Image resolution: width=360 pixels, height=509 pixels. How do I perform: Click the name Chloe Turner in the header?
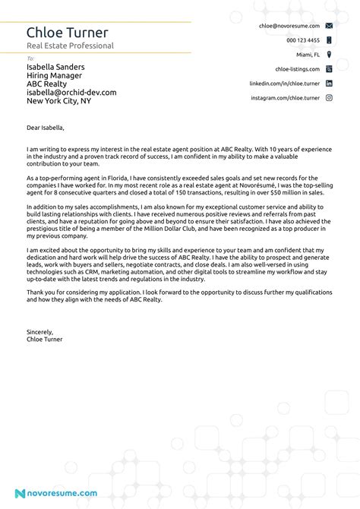(x=68, y=32)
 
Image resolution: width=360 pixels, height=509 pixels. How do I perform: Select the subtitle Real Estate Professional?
(x=70, y=46)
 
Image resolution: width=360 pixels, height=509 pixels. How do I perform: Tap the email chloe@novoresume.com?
(x=289, y=26)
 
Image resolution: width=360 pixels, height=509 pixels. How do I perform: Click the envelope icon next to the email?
(x=329, y=26)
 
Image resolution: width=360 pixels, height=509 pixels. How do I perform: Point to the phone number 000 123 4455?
(x=303, y=40)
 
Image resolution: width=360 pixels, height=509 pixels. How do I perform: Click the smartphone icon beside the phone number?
(x=329, y=40)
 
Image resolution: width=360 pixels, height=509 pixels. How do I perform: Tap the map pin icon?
(x=329, y=55)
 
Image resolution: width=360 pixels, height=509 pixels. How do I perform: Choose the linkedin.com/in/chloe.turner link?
(x=285, y=84)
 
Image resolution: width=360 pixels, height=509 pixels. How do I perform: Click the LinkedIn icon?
(x=329, y=84)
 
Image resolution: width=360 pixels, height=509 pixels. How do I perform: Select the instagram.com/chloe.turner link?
(x=286, y=98)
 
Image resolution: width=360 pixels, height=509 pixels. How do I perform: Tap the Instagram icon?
(x=329, y=98)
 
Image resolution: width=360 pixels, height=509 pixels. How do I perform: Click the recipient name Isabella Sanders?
(x=55, y=67)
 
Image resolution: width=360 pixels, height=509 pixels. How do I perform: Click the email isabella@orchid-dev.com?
(x=71, y=92)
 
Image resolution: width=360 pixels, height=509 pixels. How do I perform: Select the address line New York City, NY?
(x=58, y=100)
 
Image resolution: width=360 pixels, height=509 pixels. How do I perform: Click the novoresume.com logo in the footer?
(x=56, y=493)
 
